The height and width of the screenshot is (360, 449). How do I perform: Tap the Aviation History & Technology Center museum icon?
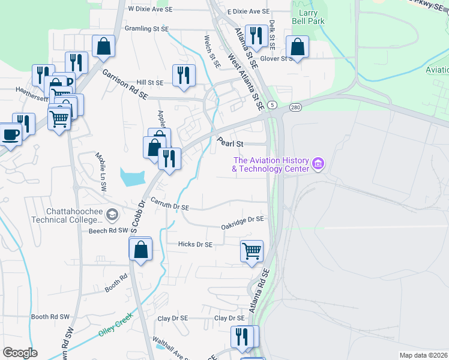[x=318, y=163]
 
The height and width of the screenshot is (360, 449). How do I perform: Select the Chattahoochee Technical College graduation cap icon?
[x=112, y=214]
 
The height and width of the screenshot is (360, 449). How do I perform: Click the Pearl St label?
[x=230, y=144]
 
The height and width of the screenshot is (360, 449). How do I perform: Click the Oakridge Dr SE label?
[x=243, y=223]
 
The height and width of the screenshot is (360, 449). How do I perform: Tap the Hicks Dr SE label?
[x=196, y=244]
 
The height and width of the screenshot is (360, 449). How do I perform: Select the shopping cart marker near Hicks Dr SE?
[x=252, y=250]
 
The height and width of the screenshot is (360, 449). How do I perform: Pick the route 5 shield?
[x=273, y=106]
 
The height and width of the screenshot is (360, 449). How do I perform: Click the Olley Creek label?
[x=115, y=326]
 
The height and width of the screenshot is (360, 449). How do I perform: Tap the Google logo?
[x=20, y=353]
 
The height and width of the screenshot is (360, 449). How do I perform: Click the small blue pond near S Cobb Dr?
[x=133, y=177]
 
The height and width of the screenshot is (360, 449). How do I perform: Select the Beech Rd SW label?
[x=109, y=230]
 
